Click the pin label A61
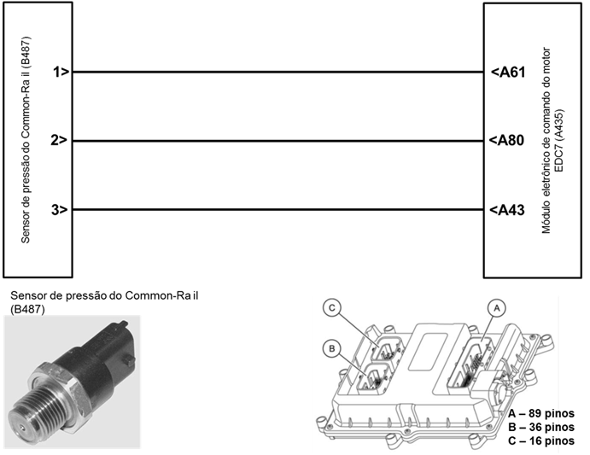[x=508, y=72]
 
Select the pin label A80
[x=506, y=140]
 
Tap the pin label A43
[x=507, y=210]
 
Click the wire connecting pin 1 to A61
[x=277, y=72]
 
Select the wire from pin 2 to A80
[x=277, y=142]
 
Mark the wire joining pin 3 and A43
[x=277, y=210]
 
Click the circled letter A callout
[x=497, y=309]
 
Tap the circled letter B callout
[x=332, y=348]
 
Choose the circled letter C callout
[x=332, y=308]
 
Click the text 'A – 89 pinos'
[x=541, y=414]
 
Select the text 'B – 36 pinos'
[x=541, y=427]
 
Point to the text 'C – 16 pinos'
[x=541, y=440]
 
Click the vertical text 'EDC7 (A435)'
[x=559, y=141]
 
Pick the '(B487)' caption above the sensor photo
[x=28, y=309]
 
